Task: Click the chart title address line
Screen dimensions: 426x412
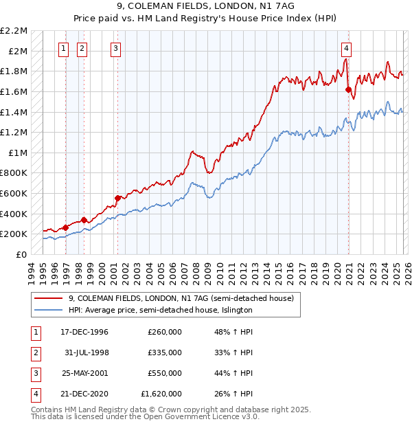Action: click(x=205, y=6)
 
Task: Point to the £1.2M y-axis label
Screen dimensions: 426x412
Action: click(x=14, y=132)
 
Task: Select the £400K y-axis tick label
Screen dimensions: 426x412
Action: click(x=14, y=214)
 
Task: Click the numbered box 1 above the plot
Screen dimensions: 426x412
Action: click(x=63, y=48)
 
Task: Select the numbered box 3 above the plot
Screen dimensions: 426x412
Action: click(x=115, y=48)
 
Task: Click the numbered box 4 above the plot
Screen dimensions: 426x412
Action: click(x=347, y=48)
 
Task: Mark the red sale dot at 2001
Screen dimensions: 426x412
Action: click(x=117, y=198)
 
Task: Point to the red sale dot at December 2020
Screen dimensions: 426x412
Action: click(x=348, y=89)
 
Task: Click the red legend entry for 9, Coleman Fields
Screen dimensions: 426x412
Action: click(x=181, y=299)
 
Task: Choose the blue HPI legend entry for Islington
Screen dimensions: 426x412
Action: click(x=161, y=311)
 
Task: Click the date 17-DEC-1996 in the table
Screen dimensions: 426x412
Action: click(x=84, y=332)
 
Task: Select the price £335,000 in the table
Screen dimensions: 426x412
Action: click(x=164, y=352)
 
